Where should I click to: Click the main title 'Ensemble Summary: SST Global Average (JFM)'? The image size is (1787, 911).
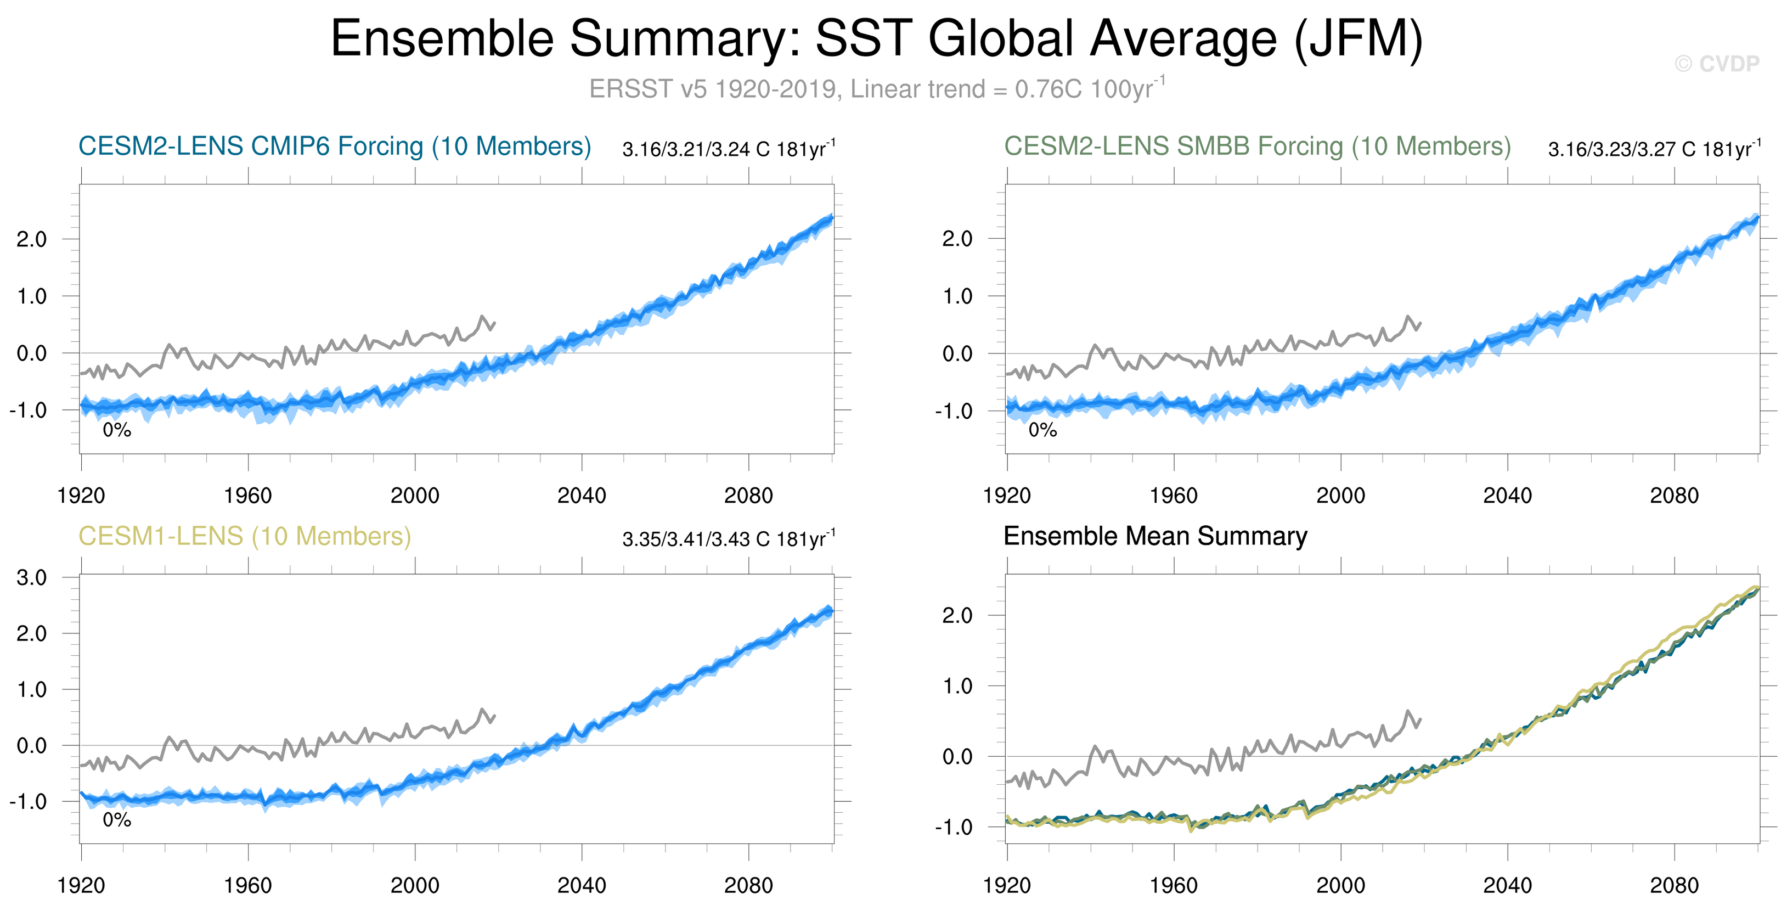pyautogui.click(x=876, y=39)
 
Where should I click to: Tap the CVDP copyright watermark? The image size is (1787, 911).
pyautogui.click(x=1716, y=64)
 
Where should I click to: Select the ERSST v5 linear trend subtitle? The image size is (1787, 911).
pyautogui.click(x=877, y=89)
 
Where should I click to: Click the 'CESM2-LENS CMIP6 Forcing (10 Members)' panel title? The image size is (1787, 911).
pyautogui.click(x=334, y=147)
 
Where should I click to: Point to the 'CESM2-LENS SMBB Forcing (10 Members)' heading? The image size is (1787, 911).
pyautogui.click(x=1257, y=147)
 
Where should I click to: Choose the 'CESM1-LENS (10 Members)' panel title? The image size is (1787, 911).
pyautogui.click(x=244, y=536)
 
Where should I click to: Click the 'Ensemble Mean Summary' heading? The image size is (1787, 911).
pyautogui.click(x=1155, y=536)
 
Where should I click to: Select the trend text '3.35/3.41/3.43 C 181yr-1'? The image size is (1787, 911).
pyautogui.click(x=729, y=538)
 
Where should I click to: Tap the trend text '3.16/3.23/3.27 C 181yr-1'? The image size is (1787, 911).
pyautogui.click(x=1654, y=149)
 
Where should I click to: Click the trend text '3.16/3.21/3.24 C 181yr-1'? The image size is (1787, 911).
pyautogui.click(x=729, y=149)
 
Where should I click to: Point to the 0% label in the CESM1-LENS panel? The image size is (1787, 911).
pyautogui.click(x=116, y=819)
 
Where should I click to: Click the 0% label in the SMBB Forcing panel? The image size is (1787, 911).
pyautogui.click(x=1042, y=430)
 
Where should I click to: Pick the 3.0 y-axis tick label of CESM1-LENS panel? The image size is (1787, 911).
pyautogui.click(x=32, y=577)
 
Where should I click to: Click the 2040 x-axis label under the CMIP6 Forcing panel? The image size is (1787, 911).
pyautogui.click(x=582, y=496)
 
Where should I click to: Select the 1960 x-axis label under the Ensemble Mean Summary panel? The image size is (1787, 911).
pyautogui.click(x=1173, y=885)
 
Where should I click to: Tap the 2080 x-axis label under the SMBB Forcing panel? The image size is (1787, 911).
pyautogui.click(x=1674, y=496)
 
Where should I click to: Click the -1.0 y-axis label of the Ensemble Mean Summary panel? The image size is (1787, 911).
pyautogui.click(x=953, y=827)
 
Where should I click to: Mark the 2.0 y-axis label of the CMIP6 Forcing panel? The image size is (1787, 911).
pyautogui.click(x=32, y=239)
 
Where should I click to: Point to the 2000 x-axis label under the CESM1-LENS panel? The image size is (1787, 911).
pyautogui.click(x=415, y=885)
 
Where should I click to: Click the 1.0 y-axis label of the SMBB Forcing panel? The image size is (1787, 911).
pyautogui.click(x=957, y=296)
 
